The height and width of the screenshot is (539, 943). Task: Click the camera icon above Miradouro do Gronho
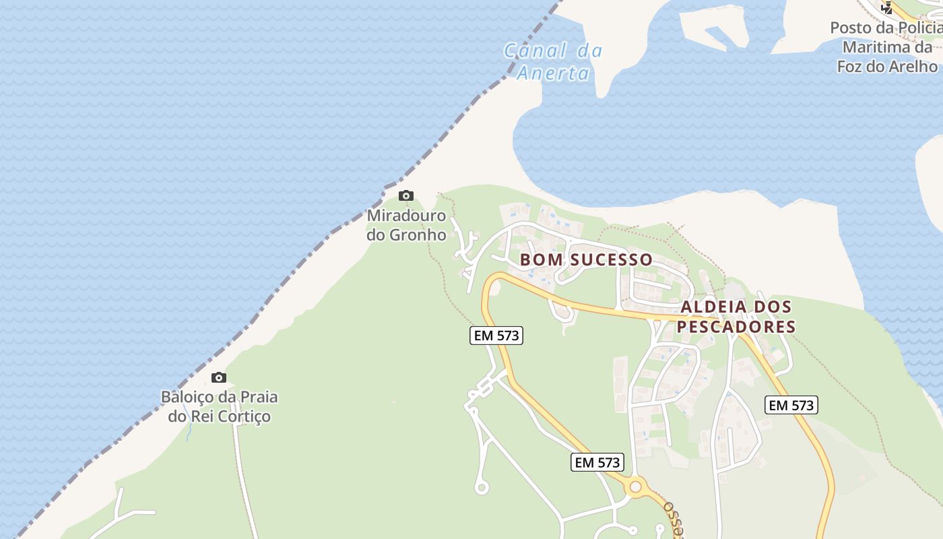406,196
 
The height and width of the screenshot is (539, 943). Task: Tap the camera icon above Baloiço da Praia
219,377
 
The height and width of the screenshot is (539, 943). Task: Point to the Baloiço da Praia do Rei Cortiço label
219,406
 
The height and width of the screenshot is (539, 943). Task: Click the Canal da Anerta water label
553,61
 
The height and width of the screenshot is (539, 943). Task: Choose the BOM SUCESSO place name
586,259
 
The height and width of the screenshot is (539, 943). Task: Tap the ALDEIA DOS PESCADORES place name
736,317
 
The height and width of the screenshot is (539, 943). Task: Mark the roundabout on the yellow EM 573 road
635,486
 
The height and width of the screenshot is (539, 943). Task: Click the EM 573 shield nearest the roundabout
597,462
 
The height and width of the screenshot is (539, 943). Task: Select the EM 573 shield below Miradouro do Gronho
496,335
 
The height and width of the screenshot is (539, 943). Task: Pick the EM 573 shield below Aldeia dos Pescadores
791,405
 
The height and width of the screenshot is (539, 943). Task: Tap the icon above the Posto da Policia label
887,8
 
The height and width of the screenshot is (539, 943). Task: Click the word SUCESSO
611,259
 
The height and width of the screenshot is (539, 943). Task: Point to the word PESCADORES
736,327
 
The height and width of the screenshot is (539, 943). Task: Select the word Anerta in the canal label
553,73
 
